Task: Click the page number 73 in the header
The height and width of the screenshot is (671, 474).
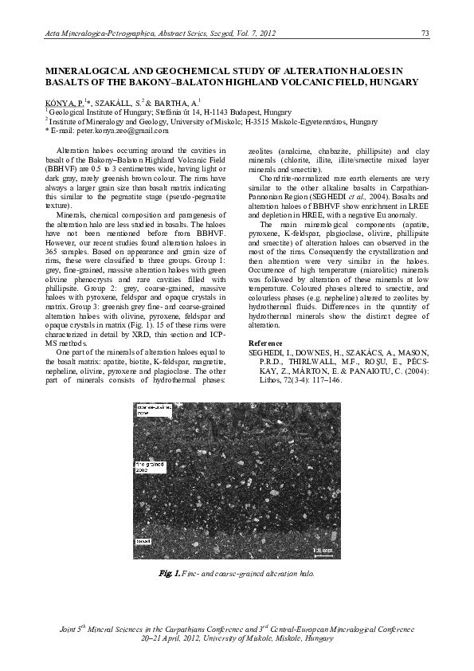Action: pyautogui.click(x=425, y=32)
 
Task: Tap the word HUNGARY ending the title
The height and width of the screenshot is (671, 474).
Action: pyautogui.click(x=390, y=82)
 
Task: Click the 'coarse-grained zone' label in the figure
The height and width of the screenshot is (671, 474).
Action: pyautogui.click(x=154, y=411)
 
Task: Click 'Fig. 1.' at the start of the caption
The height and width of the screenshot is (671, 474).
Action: pyautogui.click(x=166, y=574)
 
